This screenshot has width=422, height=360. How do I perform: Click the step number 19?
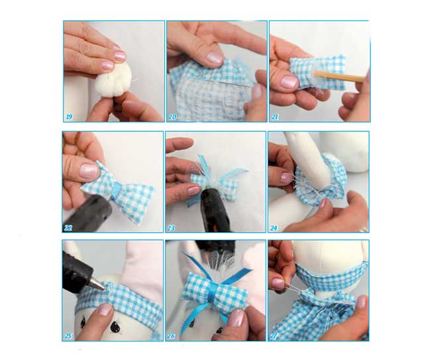(x=69, y=117)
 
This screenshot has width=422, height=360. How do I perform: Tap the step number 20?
(x=172, y=117)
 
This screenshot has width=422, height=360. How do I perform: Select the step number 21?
(x=275, y=117)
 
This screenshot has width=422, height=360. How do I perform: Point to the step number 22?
(x=68, y=228)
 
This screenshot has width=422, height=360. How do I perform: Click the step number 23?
(x=171, y=228)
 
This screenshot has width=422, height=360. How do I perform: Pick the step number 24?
(x=274, y=228)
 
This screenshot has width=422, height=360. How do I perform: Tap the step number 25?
(x=68, y=336)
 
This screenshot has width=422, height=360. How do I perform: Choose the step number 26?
(x=171, y=336)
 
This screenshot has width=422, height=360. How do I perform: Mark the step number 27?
(x=274, y=336)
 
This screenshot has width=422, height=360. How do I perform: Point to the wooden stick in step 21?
(x=341, y=76)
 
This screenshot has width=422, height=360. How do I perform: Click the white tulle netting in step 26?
(x=218, y=259)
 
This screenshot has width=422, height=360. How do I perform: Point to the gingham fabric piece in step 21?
(x=317, y=73)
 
